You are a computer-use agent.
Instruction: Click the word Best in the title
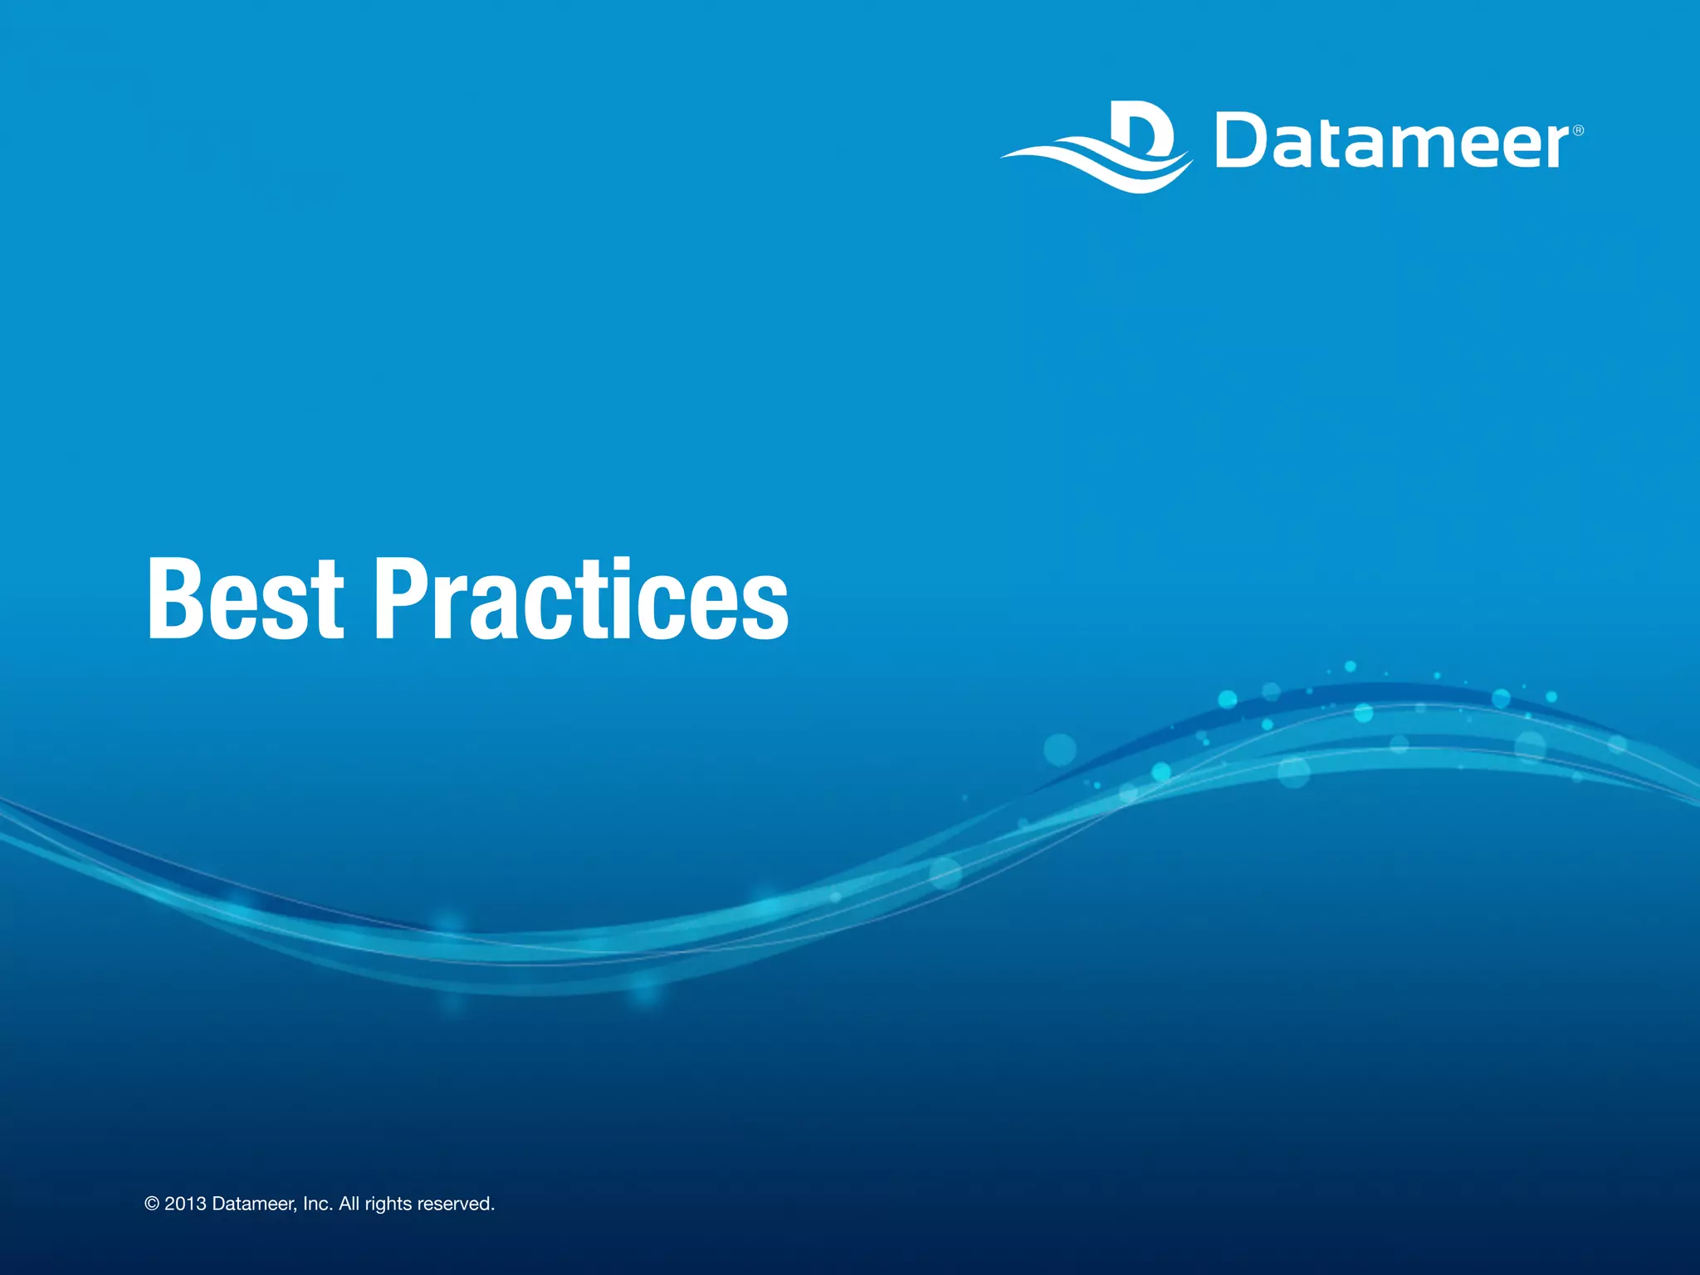(245, 599)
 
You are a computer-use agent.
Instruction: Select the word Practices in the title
(582, 599)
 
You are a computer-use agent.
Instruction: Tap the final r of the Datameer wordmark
(1556, 147)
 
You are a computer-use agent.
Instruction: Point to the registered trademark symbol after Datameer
(1578, 130)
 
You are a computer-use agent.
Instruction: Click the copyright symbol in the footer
(152, 1204)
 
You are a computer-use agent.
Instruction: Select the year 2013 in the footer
(185, 1204)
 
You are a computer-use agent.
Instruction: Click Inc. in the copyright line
(318, 1204)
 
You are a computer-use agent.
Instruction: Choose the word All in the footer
(349, 1204)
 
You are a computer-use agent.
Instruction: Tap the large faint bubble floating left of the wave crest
(1060, 750)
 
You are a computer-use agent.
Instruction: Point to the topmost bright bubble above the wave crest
(1351, 667)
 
